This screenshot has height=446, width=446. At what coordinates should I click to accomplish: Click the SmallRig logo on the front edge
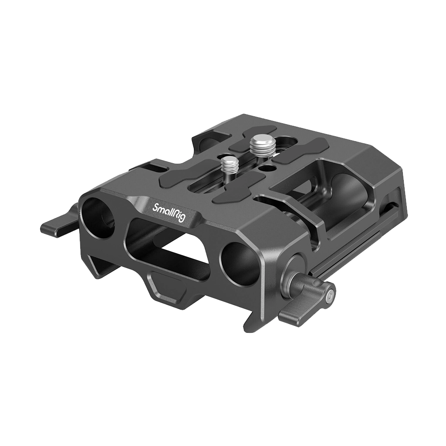pos(169,213)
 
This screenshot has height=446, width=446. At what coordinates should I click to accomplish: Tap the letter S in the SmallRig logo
pos(155,207)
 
